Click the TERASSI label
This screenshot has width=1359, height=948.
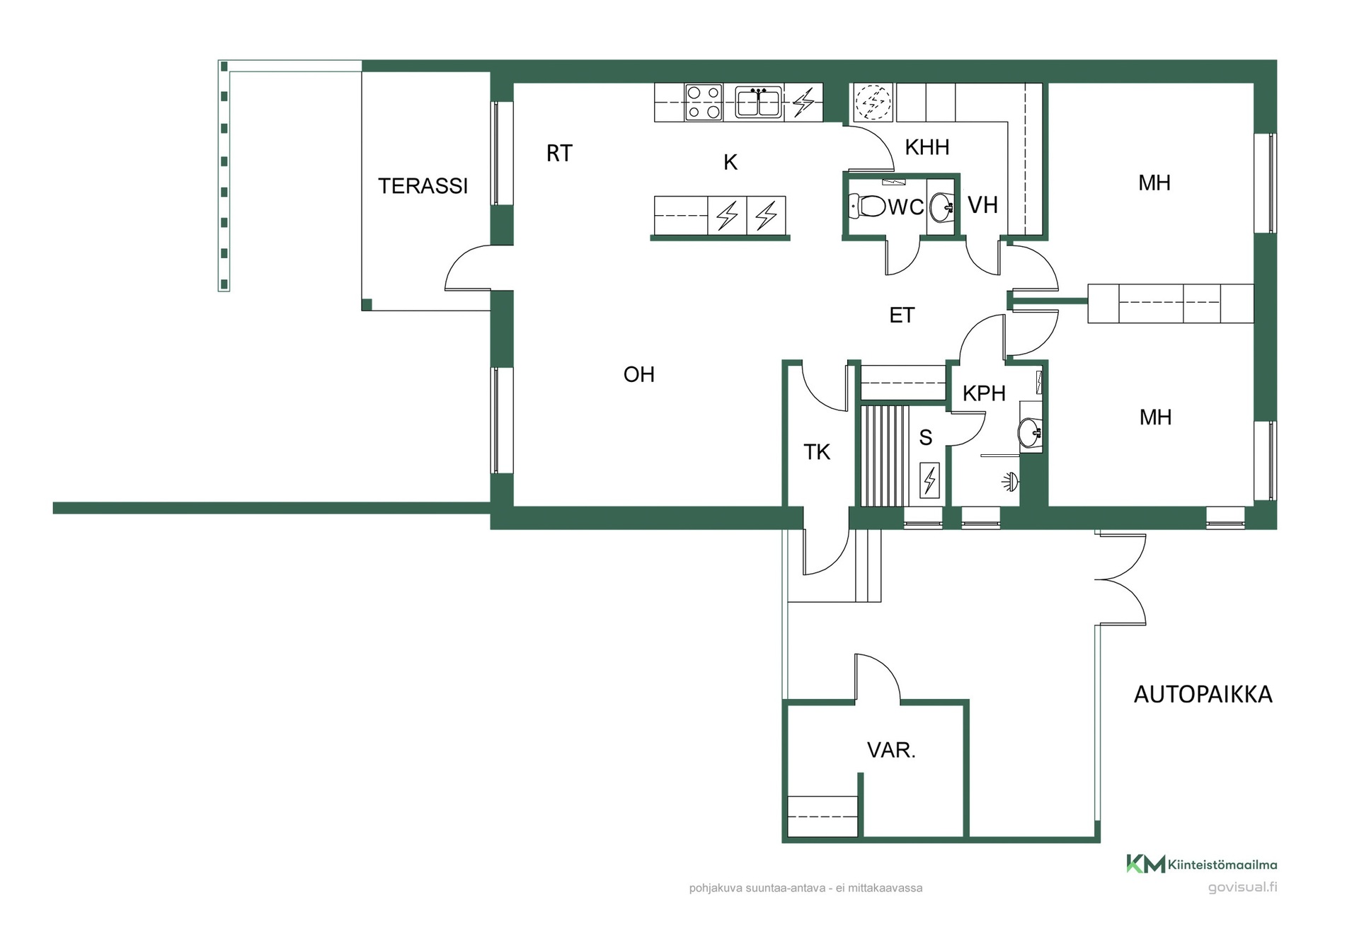point(423,186)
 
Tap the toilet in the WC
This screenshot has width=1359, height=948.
point(867,207)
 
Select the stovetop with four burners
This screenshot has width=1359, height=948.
point(704,103)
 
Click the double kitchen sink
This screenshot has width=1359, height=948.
point(758,103)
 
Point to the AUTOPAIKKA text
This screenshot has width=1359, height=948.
point(1203,695)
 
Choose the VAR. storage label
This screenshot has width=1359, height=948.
point(891,750)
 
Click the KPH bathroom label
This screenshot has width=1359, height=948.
point(984,393)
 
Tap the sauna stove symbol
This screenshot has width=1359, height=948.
point(929,480)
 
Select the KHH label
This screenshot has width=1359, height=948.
point(927,147)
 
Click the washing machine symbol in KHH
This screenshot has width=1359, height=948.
point(873,103)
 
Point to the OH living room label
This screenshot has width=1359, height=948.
point(638,374)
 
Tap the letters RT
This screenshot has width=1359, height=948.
point(559,154)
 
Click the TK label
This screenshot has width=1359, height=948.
point(817,452)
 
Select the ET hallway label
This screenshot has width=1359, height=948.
point(902,316)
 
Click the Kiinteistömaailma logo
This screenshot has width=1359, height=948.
point(1202,864)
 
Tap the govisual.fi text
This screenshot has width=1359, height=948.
point(1242,887)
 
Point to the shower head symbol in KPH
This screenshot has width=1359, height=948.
point(1010,482)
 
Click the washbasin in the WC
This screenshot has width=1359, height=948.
point(941,207)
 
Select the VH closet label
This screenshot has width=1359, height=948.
point(982,205)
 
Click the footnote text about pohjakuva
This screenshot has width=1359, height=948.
point(805,888)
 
